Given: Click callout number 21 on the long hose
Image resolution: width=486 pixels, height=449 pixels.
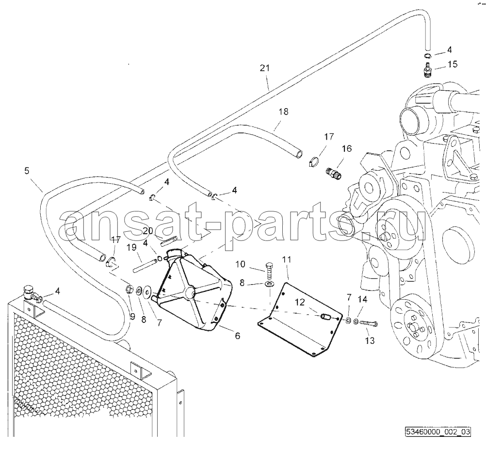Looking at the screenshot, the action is pyautogui.click(x=265, y=68).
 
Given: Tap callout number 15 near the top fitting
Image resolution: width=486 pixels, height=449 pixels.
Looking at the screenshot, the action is pyautogui.click(x=453, y=64).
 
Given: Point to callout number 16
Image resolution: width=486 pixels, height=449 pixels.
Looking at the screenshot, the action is pyautogui.click(x=347, y=149).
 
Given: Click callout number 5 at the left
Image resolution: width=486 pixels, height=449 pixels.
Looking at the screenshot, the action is pyautogui.click(x=27, y=170).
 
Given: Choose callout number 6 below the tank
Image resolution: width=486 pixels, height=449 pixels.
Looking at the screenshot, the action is pyautogui.click(x=237, y=336).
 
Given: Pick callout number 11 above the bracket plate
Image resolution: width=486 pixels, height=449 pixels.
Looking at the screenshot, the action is pyautogui.click(x=287, y=259).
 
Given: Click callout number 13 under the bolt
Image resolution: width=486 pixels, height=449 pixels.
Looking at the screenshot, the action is pyautogui.click(x=370, y=341).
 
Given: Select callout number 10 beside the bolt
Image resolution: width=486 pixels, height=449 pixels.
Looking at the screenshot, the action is pyautogui.click(x=240, y=264).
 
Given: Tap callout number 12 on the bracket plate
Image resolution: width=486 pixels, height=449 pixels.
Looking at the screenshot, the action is pyautogui.click(x=300, y=302).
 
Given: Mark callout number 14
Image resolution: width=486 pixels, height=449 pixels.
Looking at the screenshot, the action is pyautogui.click(x=363, y=299).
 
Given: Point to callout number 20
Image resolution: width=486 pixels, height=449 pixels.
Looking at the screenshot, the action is pyautogui.click(x=148, y=230).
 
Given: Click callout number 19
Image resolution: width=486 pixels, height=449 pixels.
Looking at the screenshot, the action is pyautogui.click(x=132, y=247).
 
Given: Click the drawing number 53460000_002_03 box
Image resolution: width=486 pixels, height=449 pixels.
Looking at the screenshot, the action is pyautogui.click(x=437, y=432).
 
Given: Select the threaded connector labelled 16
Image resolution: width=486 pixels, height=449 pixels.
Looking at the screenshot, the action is pyautogui.click(x=334, y=174).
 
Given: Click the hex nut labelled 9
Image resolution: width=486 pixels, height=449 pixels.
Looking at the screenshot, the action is pyautogui.click(x=129, y=290).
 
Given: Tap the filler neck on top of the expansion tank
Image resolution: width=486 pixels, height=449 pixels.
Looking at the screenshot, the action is pyautogui.click(x=174, y=255).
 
